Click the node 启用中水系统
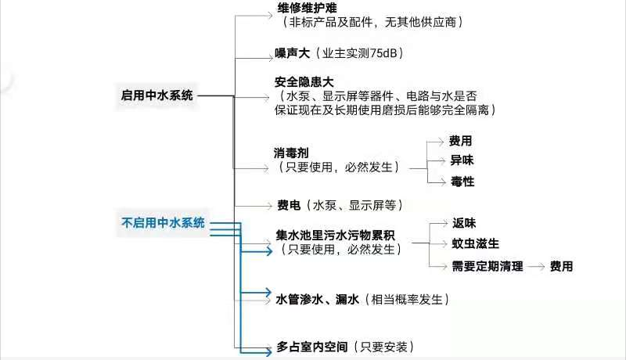156,95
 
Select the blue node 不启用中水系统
164,223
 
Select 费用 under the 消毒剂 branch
460,142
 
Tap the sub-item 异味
460,161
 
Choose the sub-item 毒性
460,182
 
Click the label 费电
289,206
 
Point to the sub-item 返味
464,223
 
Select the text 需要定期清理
487,266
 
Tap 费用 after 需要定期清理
561,266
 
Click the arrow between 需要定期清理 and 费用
535,267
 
